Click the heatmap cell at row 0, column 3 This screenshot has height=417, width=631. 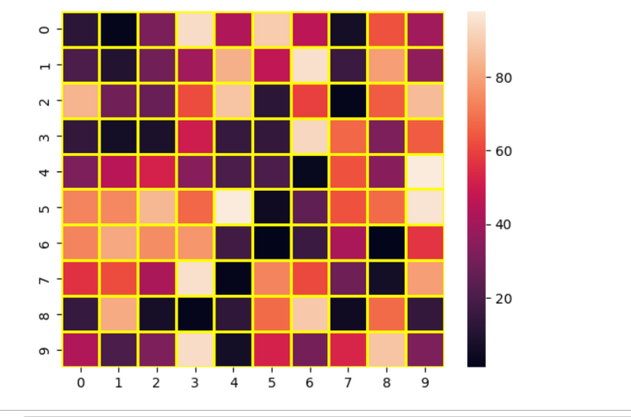pyautogui.click(x=196, y=30)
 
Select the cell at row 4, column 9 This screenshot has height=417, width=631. pyautogui.click(x=424, y=173)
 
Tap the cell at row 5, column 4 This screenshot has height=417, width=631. pyautogui.click(x=233, y=208)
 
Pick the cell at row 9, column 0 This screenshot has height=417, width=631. pyautogui.click(x=80, y=350)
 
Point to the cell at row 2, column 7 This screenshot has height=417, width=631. pyautogui.click(x=348, y=102)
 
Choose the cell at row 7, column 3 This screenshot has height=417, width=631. pyautogui.click(x=196, y=279)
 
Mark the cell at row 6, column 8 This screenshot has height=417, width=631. pyautogui.click(x=386, y=244)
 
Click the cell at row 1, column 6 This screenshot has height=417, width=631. pyautogui.click(x=310, y=66)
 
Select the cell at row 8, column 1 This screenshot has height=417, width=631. pyautogui.click(x=119, y=315)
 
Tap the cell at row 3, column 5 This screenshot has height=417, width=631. pyautogui.click(x=271, y=137)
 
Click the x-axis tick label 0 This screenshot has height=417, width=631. pyautogui.click(x=80, y=382)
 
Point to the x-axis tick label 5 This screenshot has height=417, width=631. pyautogui.click(x=271, y=382)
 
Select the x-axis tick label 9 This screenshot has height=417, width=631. pyautogui.click(x=424, y=382)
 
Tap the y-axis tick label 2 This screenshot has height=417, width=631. pyautogui.click(x=44, y=102)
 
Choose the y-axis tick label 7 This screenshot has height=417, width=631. pyautogui.click(x=44, y=279)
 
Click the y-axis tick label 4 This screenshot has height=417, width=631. pyautogui.click(x=44, y=173)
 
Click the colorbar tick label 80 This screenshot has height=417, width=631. pyautogui.click(x=504, y=77)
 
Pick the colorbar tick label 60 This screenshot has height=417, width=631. pyautogui.click(x=504, y=151)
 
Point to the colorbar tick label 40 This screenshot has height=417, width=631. pyautogui.click(x=504, y=225)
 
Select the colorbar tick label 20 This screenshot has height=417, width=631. pyautogui.click(x=504, y=298)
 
